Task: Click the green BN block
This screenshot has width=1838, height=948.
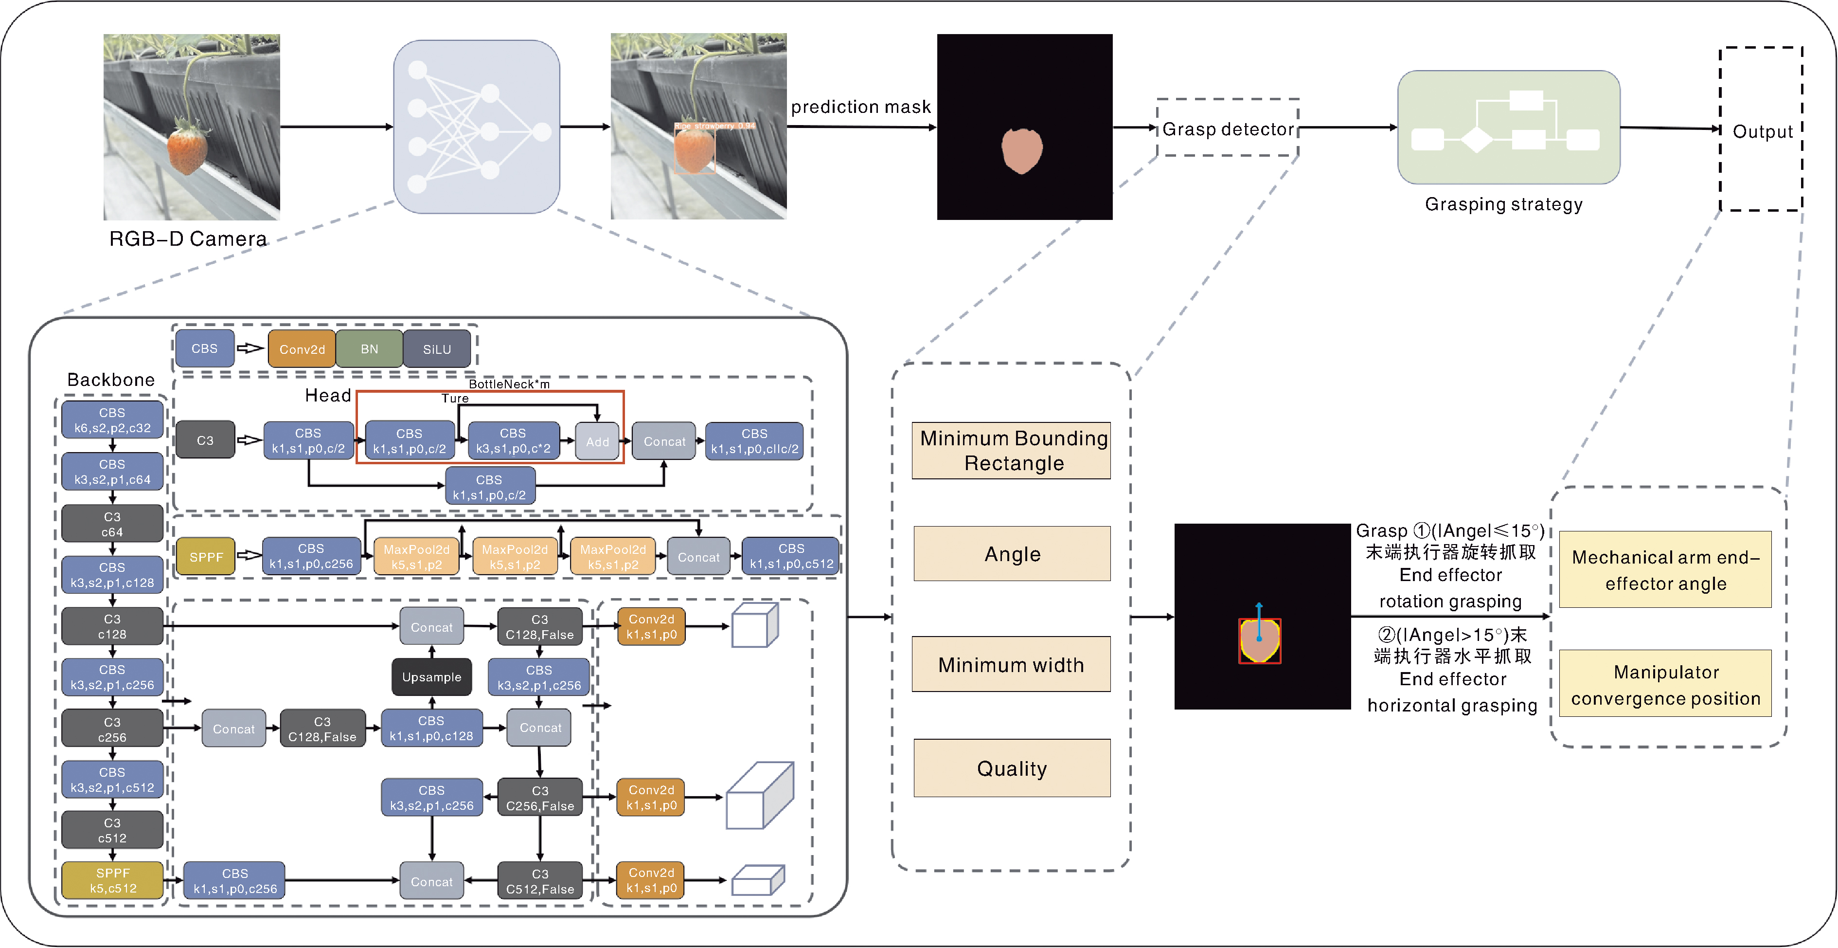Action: tap(369, 349)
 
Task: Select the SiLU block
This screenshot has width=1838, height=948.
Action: tap(437, 349)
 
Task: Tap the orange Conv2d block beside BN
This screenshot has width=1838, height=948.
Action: tap(302, 349)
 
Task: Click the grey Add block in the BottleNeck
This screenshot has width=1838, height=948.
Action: tap(597, 441)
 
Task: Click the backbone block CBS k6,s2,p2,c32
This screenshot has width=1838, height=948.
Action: tap(112, 420)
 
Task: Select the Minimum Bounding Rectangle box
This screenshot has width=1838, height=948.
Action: tap(1012, 451)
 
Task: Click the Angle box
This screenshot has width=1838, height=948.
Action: tap(1012, 554)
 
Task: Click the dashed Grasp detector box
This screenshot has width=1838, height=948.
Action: tap(1227, 128)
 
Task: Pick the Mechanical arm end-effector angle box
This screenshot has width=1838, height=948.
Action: tap(1665, 570)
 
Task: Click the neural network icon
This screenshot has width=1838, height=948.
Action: tap(477, 127)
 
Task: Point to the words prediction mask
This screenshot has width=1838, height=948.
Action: tap(860, 107)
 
